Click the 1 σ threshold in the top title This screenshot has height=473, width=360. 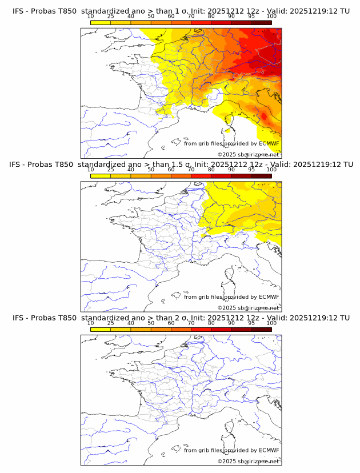182,11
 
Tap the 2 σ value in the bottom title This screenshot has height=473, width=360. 182,318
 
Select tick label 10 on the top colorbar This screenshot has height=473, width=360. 91,17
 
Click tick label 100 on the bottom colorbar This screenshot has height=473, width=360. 271,323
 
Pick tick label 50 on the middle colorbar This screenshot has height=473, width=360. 151,170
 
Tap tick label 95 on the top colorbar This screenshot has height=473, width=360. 251,17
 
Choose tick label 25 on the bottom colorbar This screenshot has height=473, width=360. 111,323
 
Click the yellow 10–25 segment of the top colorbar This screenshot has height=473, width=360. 101,22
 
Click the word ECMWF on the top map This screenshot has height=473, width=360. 269,144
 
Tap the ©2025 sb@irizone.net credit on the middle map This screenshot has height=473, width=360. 248,307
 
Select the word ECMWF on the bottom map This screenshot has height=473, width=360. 269,450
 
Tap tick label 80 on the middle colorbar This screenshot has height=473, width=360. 211,170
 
